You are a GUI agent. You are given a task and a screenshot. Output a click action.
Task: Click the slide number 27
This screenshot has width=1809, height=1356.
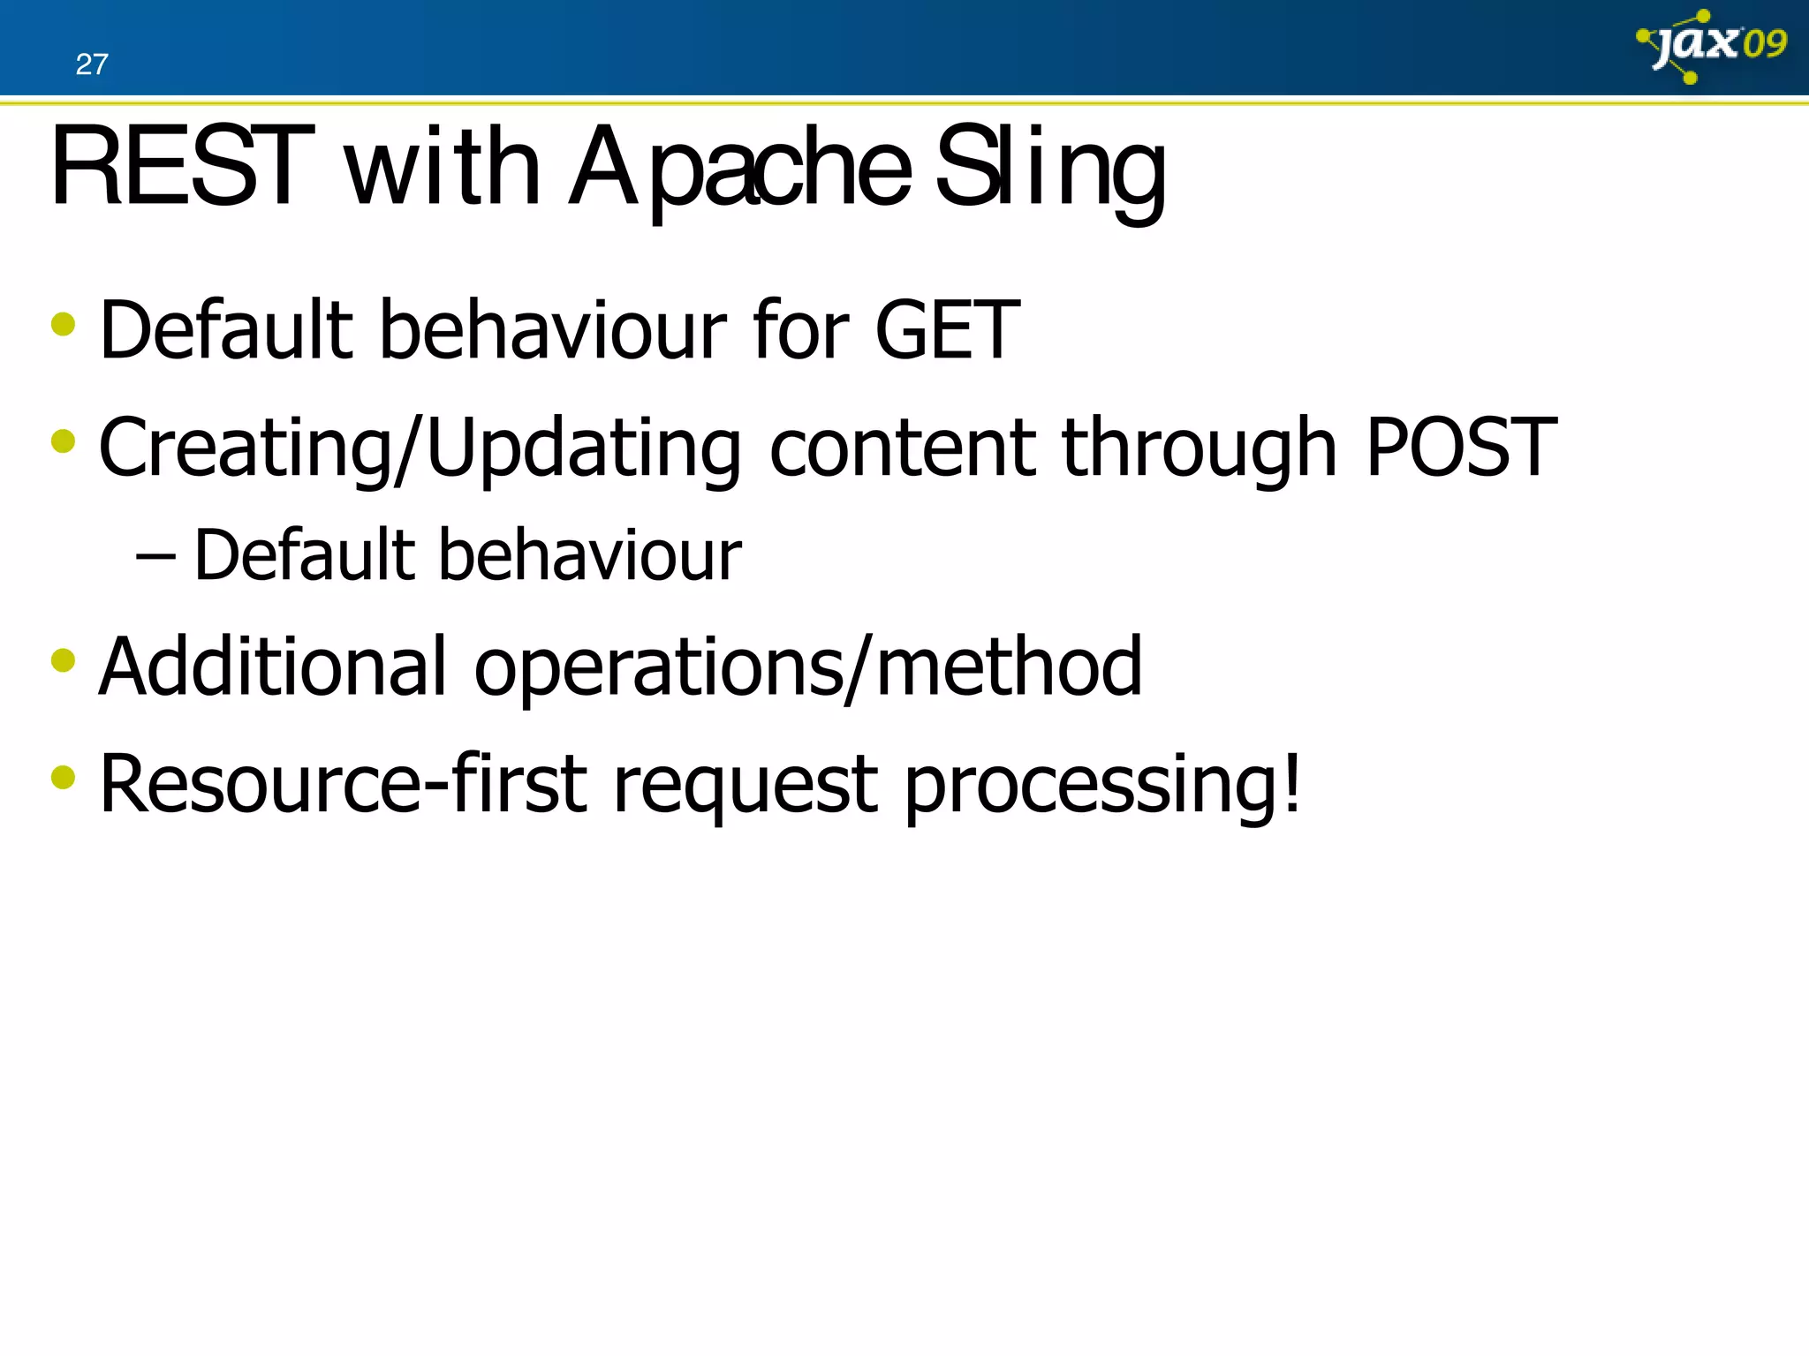pos(92,64)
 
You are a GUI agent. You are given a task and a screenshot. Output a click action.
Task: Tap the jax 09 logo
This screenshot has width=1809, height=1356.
pos(1712,45)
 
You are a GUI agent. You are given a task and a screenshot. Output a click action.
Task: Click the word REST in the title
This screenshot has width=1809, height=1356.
pos(181,168)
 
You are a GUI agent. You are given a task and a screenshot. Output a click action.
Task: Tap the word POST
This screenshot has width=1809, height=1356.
pos(1461,448)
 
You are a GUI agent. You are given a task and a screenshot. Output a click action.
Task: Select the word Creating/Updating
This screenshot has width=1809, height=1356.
pos(420,449)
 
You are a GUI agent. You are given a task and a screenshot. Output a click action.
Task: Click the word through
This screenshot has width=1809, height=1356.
pos(1199,449)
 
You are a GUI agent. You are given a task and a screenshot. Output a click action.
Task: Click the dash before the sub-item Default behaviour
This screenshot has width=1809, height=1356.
pos(155,557)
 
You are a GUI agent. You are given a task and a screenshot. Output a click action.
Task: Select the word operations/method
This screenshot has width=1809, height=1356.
pos(807,668)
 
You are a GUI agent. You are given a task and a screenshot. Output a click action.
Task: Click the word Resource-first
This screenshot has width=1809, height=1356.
pos(343,784)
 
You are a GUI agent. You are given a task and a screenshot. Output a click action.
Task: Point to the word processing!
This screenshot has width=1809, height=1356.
pos(1102,786)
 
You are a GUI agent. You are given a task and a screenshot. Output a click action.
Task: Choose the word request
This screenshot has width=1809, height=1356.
pos(745,786)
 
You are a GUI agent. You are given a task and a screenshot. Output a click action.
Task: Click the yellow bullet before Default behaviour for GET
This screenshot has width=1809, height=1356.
pos(64,324)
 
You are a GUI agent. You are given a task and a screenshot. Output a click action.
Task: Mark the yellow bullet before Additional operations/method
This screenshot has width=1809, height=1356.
pos(64,659)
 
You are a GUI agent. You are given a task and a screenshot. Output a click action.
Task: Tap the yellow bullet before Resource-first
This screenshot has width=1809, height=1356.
pos(64,777)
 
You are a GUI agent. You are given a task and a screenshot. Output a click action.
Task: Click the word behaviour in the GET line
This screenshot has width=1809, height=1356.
pos(553,330)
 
